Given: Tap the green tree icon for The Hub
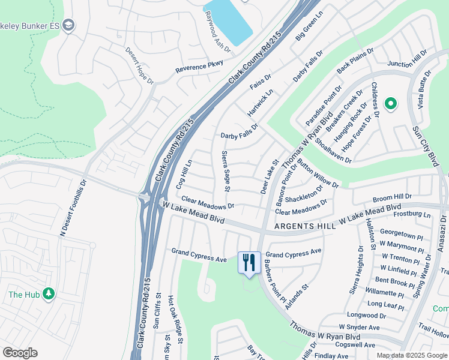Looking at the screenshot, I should [49, 294].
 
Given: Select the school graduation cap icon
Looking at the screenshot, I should [69, 25].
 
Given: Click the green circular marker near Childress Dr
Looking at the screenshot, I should [391, 104].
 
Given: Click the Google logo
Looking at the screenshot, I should [20, 353].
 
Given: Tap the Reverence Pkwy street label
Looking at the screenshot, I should [199, 67].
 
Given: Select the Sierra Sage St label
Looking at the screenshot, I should [226, 171].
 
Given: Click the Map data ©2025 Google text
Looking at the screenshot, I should [411, 355].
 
